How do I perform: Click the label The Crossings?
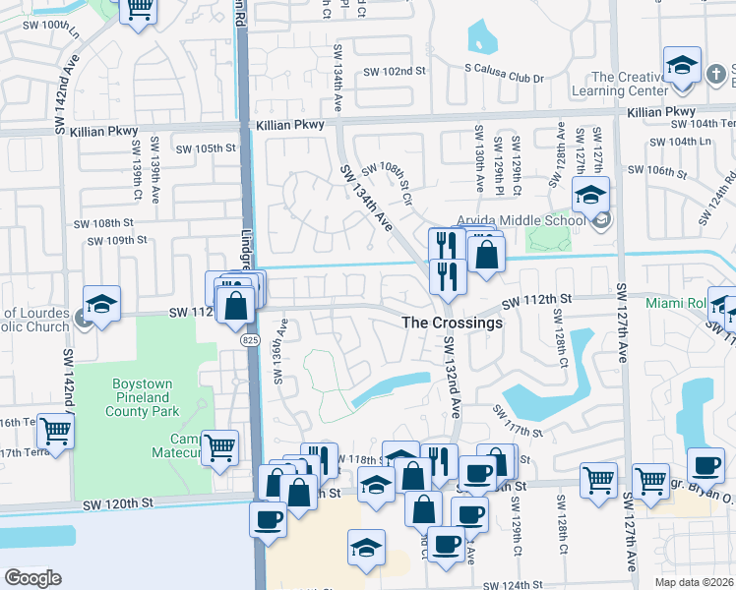tap(452, 323)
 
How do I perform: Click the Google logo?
tap(32, 578)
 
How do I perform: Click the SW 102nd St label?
tap(394, 71)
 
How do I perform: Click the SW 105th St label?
tap(207, 148)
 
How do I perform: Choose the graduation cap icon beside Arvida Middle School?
tap(590, 195)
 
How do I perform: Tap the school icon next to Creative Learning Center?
tap(681, 65)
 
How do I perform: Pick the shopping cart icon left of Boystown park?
tap(55, 430)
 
